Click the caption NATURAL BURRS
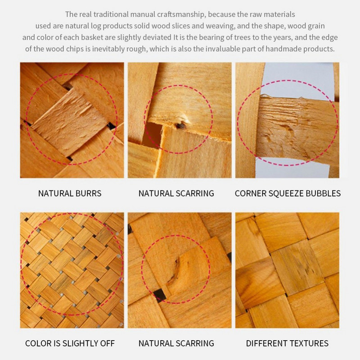(x=70, y=193)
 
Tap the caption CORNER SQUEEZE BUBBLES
(x=288, y=193)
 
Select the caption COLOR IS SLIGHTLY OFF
(x=70, y=343)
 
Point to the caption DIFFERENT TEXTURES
(x=287, y=343)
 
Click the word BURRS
(x=88, y=193)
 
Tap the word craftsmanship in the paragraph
(x=181, y=14)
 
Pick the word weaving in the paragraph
(x=220, y=26)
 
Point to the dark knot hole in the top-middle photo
(x=180, y=126)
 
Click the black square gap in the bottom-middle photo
(x=160, y=295)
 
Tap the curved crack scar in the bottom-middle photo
(x=175, y=271)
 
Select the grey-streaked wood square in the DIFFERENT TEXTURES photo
(x=297, y=267)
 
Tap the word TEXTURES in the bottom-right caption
(x=307, y=343)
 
